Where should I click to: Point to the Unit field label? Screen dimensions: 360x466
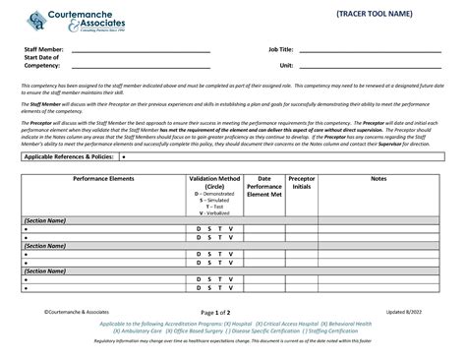(286, 65)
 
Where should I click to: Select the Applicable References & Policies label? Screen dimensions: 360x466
(69, 156)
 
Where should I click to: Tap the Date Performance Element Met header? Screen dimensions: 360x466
(263, 186)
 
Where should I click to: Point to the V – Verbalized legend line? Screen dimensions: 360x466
(214, 212)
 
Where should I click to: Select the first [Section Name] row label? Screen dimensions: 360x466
(44, 221)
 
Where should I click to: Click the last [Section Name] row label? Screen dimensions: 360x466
(44, 270)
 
